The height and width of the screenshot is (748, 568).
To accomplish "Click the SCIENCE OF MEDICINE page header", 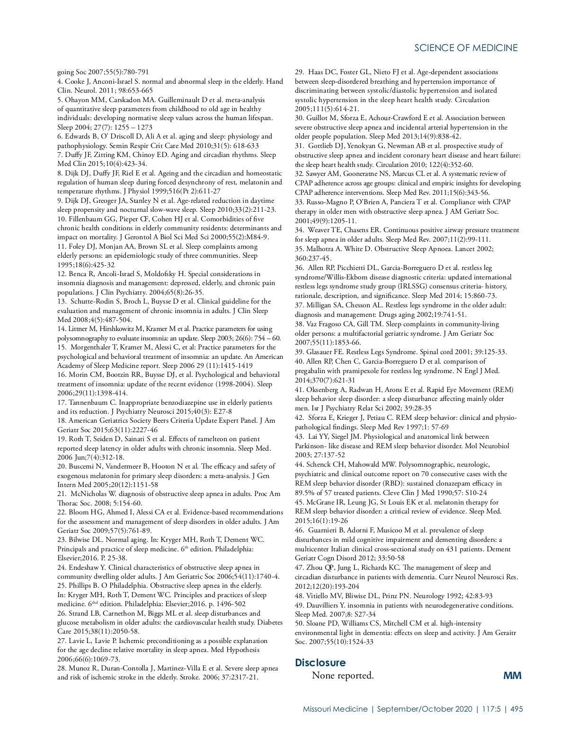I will click(x=466, y=48).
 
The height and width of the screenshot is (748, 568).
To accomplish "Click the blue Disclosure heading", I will click(x=320, y=662).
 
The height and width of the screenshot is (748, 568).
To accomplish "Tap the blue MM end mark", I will click(x=512, y=675).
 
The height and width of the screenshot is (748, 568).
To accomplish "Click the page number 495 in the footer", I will click(x=516, y=709).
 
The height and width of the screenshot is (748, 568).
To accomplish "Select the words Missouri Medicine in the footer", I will click(x=335, y=709).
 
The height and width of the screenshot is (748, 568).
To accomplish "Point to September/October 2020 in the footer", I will click(x=425, y=709).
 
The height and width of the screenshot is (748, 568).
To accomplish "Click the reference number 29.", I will click(x=299, y=72).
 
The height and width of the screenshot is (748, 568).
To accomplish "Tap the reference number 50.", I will click(x=299, y=624).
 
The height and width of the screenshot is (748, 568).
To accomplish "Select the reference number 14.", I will click(x=62, y=329).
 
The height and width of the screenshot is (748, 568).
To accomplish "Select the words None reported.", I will click(x=343, y=675).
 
